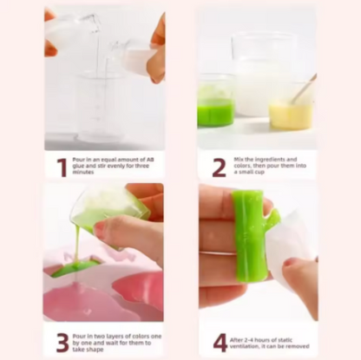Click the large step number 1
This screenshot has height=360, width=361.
[62, 167]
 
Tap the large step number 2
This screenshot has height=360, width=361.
[219, 167]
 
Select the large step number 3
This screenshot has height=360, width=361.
[62, 343]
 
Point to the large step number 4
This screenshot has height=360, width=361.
[220, 343]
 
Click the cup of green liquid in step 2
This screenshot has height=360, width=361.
[215, 101]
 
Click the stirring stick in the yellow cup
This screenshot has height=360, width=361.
[303, 88]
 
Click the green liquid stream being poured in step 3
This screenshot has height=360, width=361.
[77, 241]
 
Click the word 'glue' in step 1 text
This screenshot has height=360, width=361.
[78, 166]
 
